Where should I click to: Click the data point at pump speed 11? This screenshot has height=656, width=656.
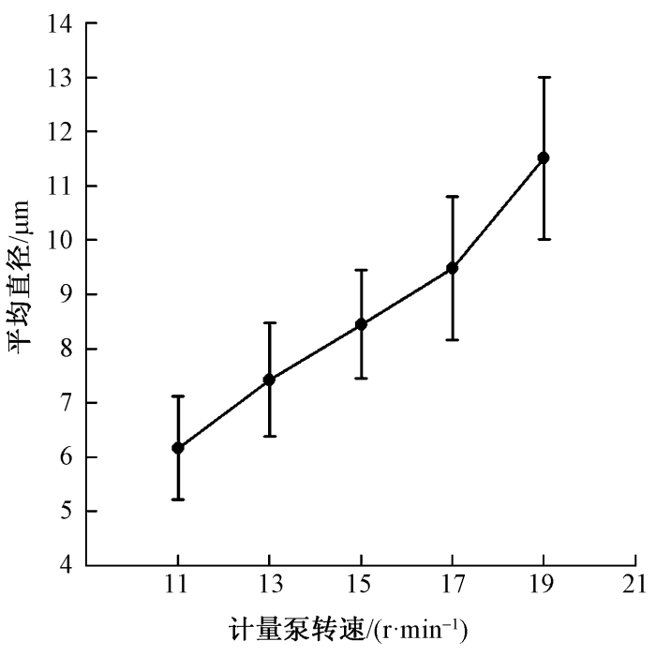[178, 448]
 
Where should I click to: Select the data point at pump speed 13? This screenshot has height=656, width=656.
[269, 380]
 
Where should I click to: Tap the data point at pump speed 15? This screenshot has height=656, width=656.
[361, 324]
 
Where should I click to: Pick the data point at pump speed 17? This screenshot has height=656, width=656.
[452, 268]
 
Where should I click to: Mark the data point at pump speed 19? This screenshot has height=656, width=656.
[544, 157]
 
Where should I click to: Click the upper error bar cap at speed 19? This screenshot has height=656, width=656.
[544, 77]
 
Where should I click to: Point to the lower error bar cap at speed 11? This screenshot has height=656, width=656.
[178, 499]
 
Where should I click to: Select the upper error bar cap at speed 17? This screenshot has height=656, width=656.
[452, 197]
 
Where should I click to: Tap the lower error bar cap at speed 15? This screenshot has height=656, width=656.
[361, 379]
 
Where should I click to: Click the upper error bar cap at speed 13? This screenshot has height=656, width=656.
[269, 322]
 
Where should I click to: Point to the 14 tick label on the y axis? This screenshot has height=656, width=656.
[59, 23]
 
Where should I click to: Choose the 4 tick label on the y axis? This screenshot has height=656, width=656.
[66, 565]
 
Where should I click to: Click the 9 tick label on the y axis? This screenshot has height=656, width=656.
[66, 294]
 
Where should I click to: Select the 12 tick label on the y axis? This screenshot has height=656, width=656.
[59, 132]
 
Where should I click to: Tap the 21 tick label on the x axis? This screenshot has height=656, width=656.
[634, 585]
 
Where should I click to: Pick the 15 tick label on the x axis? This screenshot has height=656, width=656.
[361, 585]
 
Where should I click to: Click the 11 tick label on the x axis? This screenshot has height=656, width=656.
[178, 585]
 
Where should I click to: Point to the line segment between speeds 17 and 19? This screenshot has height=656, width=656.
[498, 213]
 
